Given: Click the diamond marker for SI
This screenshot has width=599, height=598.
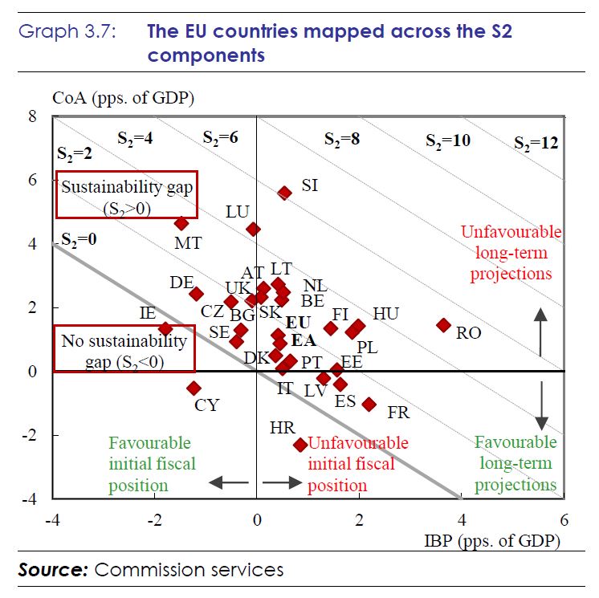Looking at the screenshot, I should (284, 193).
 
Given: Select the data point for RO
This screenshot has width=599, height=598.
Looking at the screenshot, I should (443, 324).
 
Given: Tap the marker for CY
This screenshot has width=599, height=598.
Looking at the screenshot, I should (194, 388).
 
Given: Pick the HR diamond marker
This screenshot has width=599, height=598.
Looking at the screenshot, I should (300, 444).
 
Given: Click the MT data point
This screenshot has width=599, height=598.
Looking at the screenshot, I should (181, 223).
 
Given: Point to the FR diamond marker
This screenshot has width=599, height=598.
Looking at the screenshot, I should (369, 404).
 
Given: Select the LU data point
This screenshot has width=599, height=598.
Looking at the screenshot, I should (253, 229).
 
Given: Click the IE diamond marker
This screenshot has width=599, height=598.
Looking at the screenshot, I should (165, 328).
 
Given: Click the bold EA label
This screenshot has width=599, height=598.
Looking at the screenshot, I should (303, 340).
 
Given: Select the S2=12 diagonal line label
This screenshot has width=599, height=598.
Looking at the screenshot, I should (536, 144).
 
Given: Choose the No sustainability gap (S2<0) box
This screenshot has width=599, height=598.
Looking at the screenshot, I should (124, 348).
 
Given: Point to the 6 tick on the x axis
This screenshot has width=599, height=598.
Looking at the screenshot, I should (564, 519).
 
